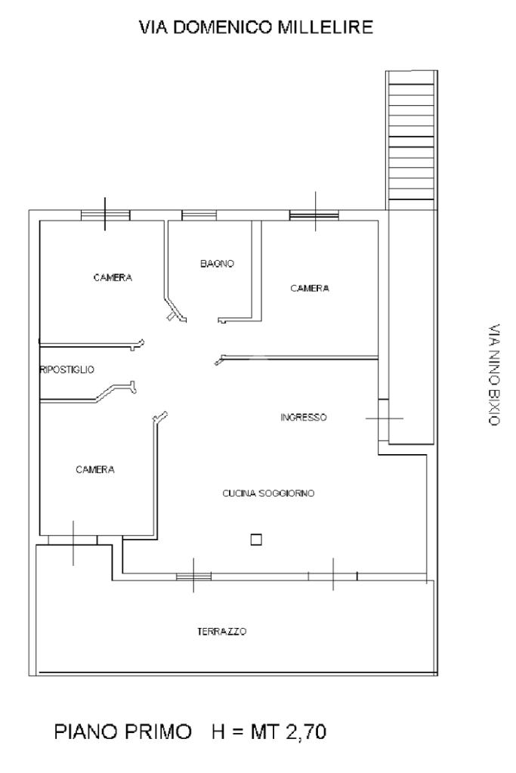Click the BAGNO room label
[217, 264]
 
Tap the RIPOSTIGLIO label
[67, 369]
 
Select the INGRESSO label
[304, 418]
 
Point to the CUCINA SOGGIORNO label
[269, 493]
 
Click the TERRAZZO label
[222, 632]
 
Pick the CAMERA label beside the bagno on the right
[310, 289]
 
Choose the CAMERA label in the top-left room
[113, 277]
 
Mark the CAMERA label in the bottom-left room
[95, 470]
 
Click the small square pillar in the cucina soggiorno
[256, 540]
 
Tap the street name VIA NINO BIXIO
[494, 375]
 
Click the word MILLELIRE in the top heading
[326, 27]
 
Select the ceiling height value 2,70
[305, 731]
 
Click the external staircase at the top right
[412, 141]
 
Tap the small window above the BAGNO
[199, 215]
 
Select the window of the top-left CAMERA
[106, 215]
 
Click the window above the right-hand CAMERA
[314, 215]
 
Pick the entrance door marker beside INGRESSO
[384, 419]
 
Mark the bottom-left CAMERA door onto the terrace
[73, 540]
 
